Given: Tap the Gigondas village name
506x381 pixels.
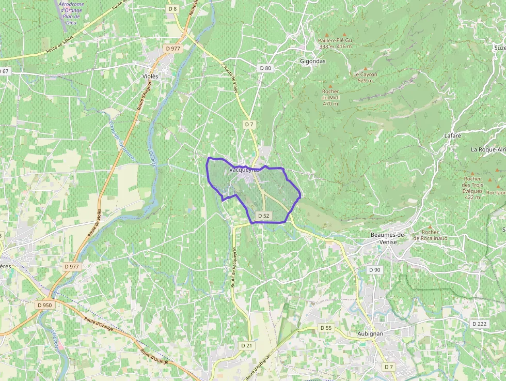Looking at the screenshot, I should point(313,60).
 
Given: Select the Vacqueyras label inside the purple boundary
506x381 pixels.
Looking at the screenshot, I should point(242,169).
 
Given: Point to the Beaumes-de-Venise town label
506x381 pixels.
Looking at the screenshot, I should point(388,238).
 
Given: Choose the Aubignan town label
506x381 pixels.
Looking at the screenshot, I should point(370,334).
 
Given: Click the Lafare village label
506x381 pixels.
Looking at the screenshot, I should point(452,135).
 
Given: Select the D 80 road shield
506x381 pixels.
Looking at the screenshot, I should point(265,68).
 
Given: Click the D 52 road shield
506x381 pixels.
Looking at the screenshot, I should point(263,216).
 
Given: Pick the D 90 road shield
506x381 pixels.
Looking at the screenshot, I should point(374,270).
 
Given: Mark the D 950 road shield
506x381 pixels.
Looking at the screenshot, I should point(45,305).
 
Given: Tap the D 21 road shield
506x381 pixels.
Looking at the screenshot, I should point(246,345).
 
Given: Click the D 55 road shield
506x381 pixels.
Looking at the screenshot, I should point(326,328).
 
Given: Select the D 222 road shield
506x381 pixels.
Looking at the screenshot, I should point(479,324).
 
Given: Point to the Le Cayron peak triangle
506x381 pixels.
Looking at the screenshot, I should point(366,68).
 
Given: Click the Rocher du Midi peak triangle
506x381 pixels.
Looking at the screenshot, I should point(330,85).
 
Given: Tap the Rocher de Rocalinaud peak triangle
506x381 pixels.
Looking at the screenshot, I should point(430,226).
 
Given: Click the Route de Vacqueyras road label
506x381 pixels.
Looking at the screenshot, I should point(233,267).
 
